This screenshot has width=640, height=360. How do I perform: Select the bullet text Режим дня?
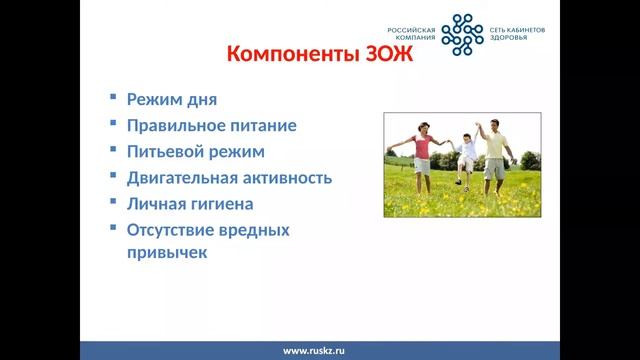tap(171, 100)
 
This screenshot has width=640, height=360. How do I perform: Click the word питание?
tap(264, 126)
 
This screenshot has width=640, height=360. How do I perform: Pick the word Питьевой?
tap(165, 152)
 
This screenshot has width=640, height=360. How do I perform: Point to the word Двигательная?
tap(186, 178)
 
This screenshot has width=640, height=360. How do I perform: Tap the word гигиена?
tap(222, 204)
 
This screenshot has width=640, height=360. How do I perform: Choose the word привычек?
tap(166, 253)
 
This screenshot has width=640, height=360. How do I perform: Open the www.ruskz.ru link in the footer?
tap(313, 351)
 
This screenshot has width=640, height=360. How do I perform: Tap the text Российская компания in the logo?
tap(413, 35)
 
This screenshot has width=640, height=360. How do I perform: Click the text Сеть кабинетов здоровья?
tap(517, 35)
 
